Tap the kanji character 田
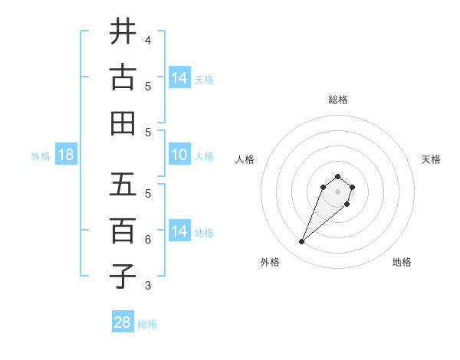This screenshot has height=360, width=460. tap(123, 123)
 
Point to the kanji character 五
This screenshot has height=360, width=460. tap(123, 185)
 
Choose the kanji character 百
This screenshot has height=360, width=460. tap(123, 230)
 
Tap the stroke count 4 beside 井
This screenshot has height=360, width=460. tap(148, 40)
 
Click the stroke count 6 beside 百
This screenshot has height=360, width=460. tap(148, 240)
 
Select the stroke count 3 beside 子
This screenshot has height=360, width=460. tap(148, 286)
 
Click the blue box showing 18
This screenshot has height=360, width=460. tap(66, 155)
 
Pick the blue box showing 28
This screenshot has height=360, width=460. tap(123, 322)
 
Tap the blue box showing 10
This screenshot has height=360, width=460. tap(179, 155)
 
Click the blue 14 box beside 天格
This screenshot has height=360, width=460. tap(179, 78)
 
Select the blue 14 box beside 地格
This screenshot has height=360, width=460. tap(179, 231)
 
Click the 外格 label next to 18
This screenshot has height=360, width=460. tap(41, 156)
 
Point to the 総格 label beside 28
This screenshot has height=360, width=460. tap(147, 324)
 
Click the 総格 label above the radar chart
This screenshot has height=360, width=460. tap(338, 100)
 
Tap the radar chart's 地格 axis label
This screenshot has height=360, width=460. tap(402, 262)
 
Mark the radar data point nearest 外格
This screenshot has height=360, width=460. tap(302, 242)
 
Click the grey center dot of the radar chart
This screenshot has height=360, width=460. tap(338, 191)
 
